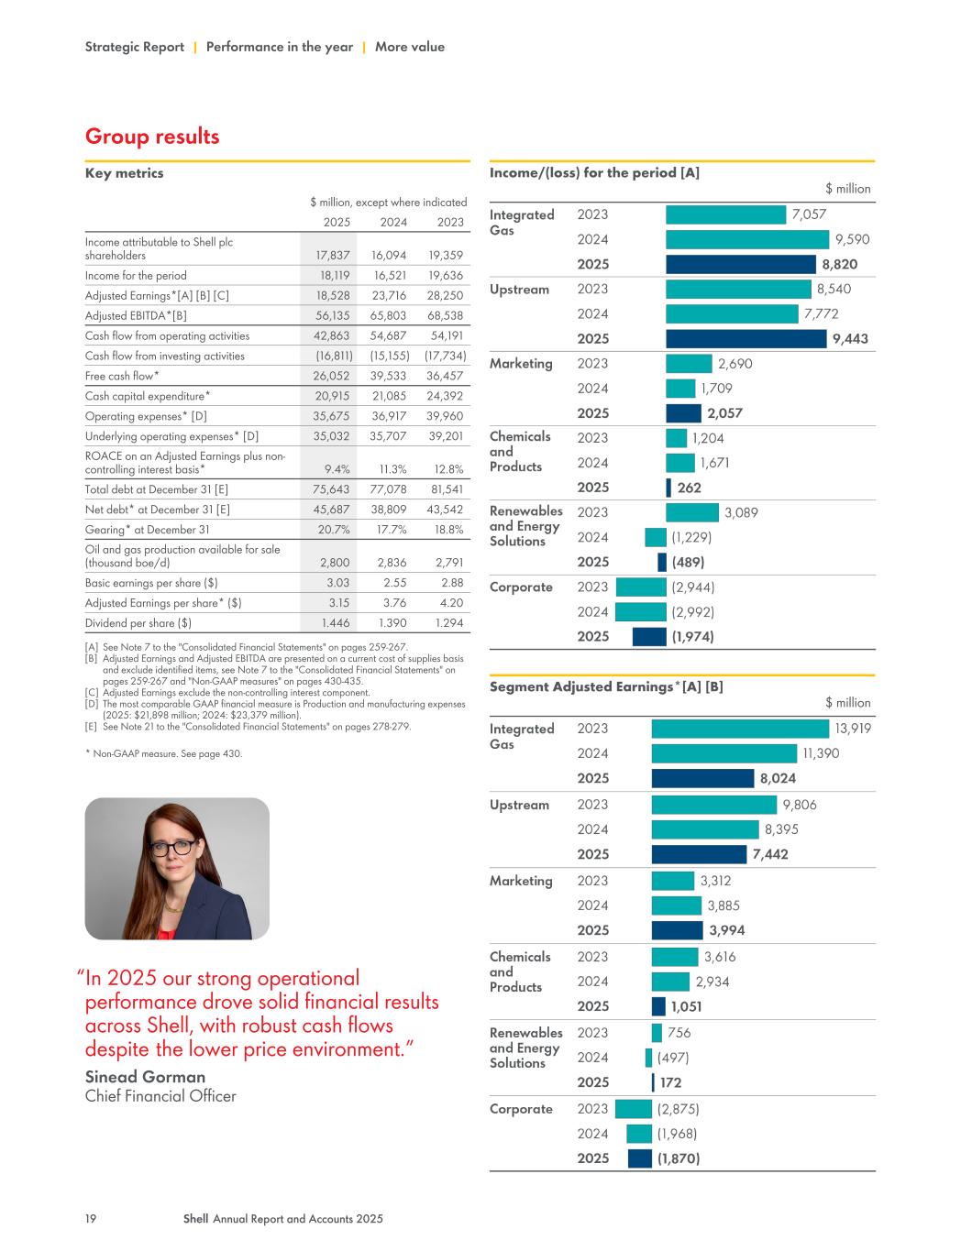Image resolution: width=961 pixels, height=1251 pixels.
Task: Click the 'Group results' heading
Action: pos(152,137)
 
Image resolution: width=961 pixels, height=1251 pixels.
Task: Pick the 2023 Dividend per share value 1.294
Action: pos(445,623)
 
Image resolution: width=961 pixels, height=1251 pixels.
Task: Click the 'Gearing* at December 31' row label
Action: pos(147,530)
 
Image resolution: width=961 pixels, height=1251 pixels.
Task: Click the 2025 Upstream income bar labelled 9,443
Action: pos(746,338)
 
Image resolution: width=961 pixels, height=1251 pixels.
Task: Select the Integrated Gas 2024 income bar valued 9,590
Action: pos(746,239)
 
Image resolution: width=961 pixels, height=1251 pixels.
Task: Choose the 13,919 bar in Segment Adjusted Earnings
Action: pos(739,729)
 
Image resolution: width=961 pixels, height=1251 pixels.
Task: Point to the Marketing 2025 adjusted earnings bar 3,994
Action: pos(677,930)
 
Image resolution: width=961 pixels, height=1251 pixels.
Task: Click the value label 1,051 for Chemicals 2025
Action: pos(686,1006)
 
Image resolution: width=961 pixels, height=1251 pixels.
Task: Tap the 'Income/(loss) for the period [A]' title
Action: pos(594,172)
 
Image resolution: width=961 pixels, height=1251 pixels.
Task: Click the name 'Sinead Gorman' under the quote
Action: pos(145,1077)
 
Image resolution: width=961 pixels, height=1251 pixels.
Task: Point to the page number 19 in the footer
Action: pos(91,1219)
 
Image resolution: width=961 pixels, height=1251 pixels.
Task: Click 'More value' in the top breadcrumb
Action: pos(409,47)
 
